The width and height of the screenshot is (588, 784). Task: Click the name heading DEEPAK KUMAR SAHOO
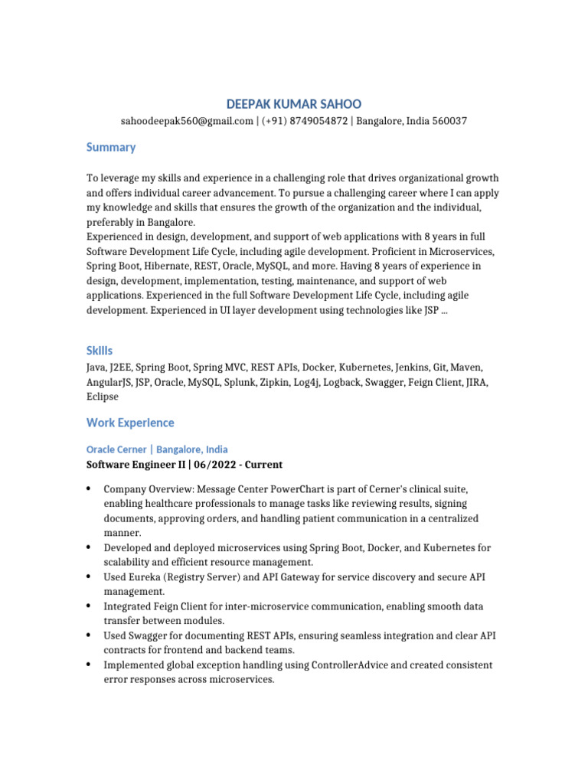(294, 104)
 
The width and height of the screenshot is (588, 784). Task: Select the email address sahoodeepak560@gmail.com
(187, 121)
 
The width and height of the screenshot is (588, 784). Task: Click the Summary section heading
(111, 147)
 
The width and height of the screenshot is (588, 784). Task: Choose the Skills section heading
(100, 351)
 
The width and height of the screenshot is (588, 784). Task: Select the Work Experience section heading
(130, 423)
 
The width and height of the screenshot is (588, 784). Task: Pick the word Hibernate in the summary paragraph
(164, 266)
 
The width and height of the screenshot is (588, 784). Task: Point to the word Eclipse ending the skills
(103, 397)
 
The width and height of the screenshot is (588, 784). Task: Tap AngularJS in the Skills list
(109, 383)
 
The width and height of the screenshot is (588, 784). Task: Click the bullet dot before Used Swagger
(90, 635)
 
